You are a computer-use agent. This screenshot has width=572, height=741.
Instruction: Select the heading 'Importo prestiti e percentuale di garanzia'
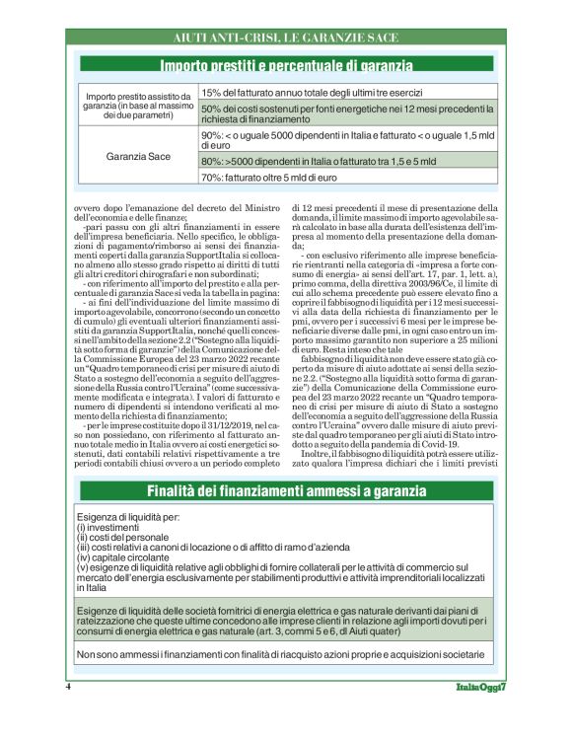[286, 66]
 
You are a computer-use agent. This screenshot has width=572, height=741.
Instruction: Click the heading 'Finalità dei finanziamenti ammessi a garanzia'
[286, 490]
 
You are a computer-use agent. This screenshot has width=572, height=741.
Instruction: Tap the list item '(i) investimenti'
[114, 528]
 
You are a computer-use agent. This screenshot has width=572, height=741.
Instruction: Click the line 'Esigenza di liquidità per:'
[127, 518]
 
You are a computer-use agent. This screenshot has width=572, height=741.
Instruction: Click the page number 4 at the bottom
[68, 685]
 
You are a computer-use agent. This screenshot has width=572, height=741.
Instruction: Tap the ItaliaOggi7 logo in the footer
[480, 686]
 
